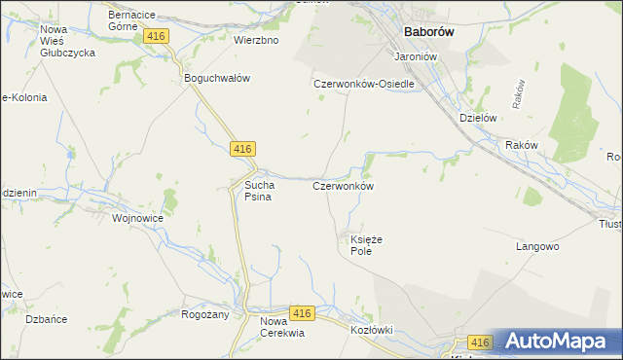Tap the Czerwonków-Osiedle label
tap(364, 84)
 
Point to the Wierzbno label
tap(256, 41)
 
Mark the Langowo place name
tap(537, 247)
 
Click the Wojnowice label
tap(137, 219)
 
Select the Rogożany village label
tap(204, 314)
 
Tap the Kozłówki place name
tap(371, 330)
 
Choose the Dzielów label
tap(478, 118)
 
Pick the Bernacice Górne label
tap(136, 21)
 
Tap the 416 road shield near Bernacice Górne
tap(156, 36)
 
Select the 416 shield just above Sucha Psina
tap(243, 149)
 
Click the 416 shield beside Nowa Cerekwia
tap(302, 313)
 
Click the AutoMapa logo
tap(555, 342)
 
